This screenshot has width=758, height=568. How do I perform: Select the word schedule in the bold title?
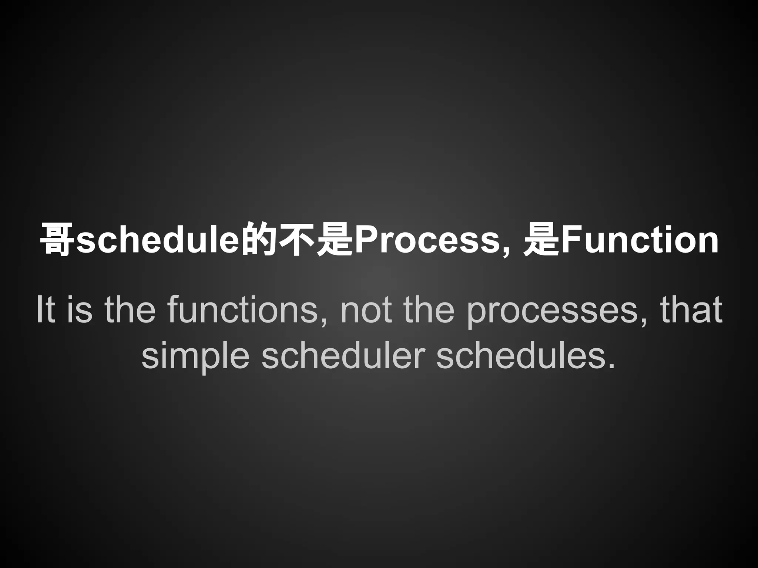pyautogui.click(x=158, y=240)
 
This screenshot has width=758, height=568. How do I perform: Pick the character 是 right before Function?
pyautogui.click(x=541, y=240)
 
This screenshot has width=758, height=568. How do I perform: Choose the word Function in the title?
pyautogui.click(x=640, y=240)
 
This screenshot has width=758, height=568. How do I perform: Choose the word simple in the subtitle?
pyautogui.click(x=195, y=356)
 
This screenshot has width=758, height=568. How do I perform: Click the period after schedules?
pyautogui.click(x=611, y=366)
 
